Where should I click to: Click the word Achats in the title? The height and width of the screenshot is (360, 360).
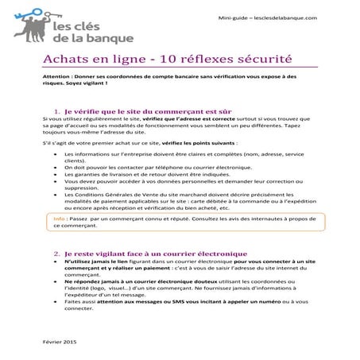64,60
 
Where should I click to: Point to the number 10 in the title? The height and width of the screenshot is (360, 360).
151,60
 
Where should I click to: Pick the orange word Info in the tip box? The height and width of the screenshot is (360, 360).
60,218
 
